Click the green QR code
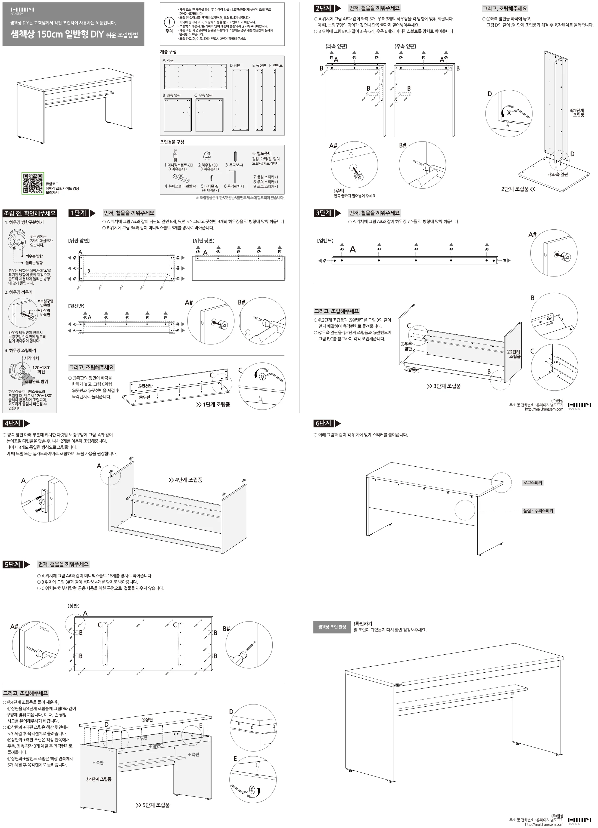click(33, 183)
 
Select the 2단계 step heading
click(323, 8)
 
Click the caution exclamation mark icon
click(169, 22)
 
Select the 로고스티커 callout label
click(532, 483)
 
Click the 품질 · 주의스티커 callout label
click(538, 511)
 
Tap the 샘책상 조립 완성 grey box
click(332, 627)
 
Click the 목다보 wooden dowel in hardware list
click(236, 156)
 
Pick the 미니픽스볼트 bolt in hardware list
click(175, 155)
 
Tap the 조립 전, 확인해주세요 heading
click(30, 213)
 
